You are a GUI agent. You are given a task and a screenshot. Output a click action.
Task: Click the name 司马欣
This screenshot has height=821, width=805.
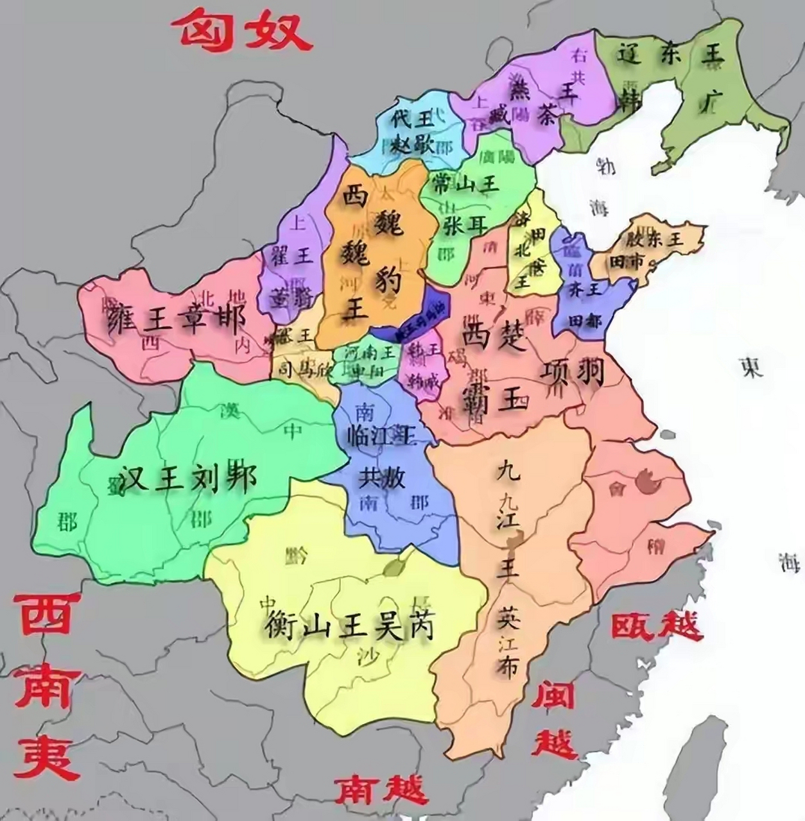[299, 370]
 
